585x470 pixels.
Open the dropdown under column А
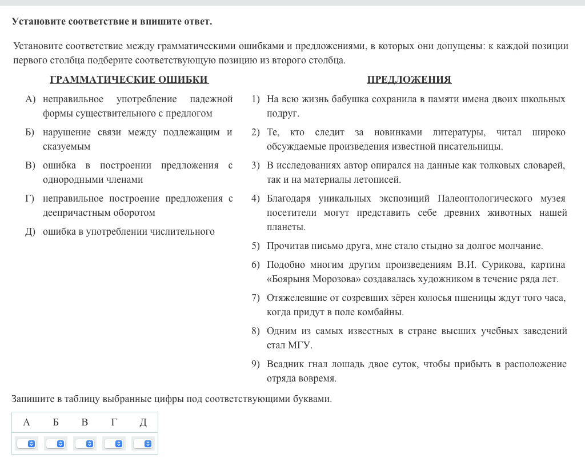pyautogui.click(x=26, y=444)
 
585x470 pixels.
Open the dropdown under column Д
pyautogui.click(x=143, y=444)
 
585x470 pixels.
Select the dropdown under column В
pyautogui.click(x=85, y=444)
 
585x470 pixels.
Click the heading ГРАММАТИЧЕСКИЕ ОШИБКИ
pyautogui.click(x=129, y=79)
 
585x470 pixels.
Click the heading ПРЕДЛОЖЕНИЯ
pyautogui.click(x=409, y=79)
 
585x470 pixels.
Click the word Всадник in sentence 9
pyautogui.click(x=285, y=364)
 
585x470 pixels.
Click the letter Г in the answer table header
pyautogui.click(x=114, y=423)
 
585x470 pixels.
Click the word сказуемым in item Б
pyautogui.click(x=66, y=147)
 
